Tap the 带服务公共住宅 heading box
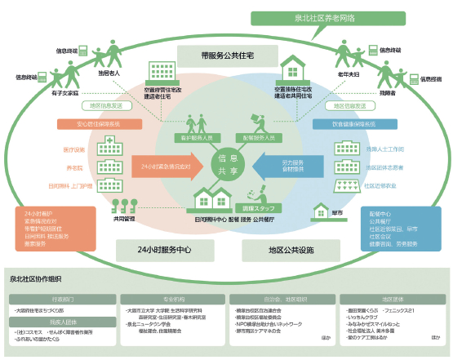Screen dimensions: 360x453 [227, 56]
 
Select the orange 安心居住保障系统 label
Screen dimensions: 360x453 [89, 125]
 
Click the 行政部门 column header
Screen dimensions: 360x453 [64, 300]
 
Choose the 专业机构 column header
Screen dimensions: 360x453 [173, 300]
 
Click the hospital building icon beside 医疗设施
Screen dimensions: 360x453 [105, 148]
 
